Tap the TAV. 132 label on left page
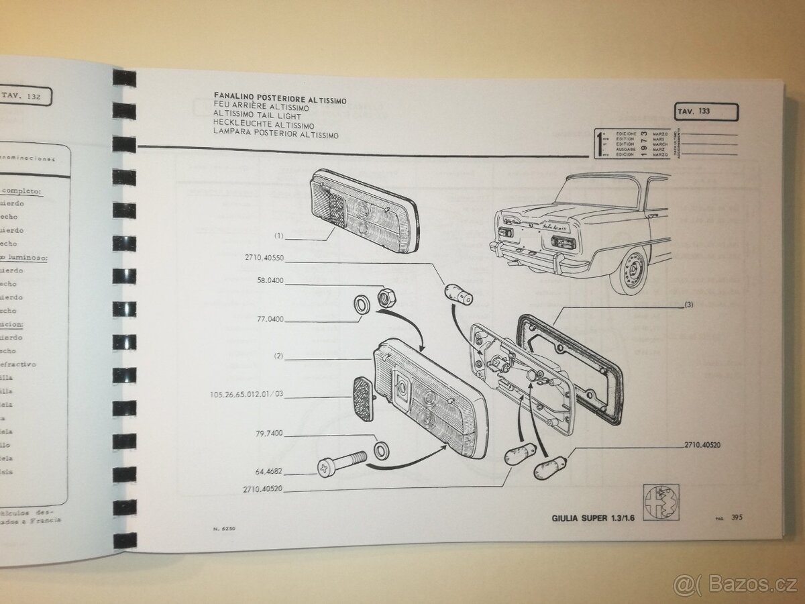(23, 96)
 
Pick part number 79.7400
(268, 433)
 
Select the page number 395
(736, 517)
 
